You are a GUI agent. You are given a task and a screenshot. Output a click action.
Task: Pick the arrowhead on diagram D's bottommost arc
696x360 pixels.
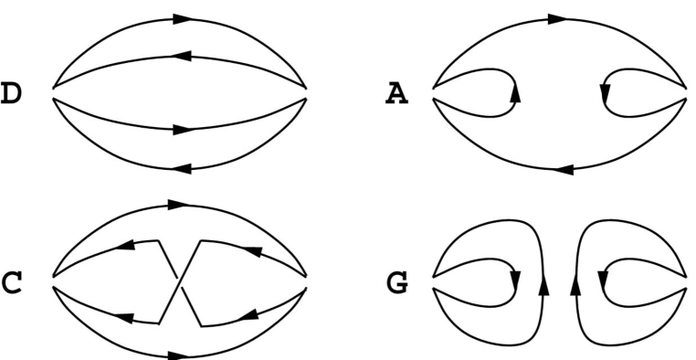(181, 168)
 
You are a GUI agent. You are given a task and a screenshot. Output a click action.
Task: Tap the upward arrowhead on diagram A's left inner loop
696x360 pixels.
(515, 91)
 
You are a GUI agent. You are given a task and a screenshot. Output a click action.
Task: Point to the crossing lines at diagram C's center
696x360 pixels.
(180, 281)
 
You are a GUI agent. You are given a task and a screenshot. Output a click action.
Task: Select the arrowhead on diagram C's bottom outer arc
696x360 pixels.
(181, 355)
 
